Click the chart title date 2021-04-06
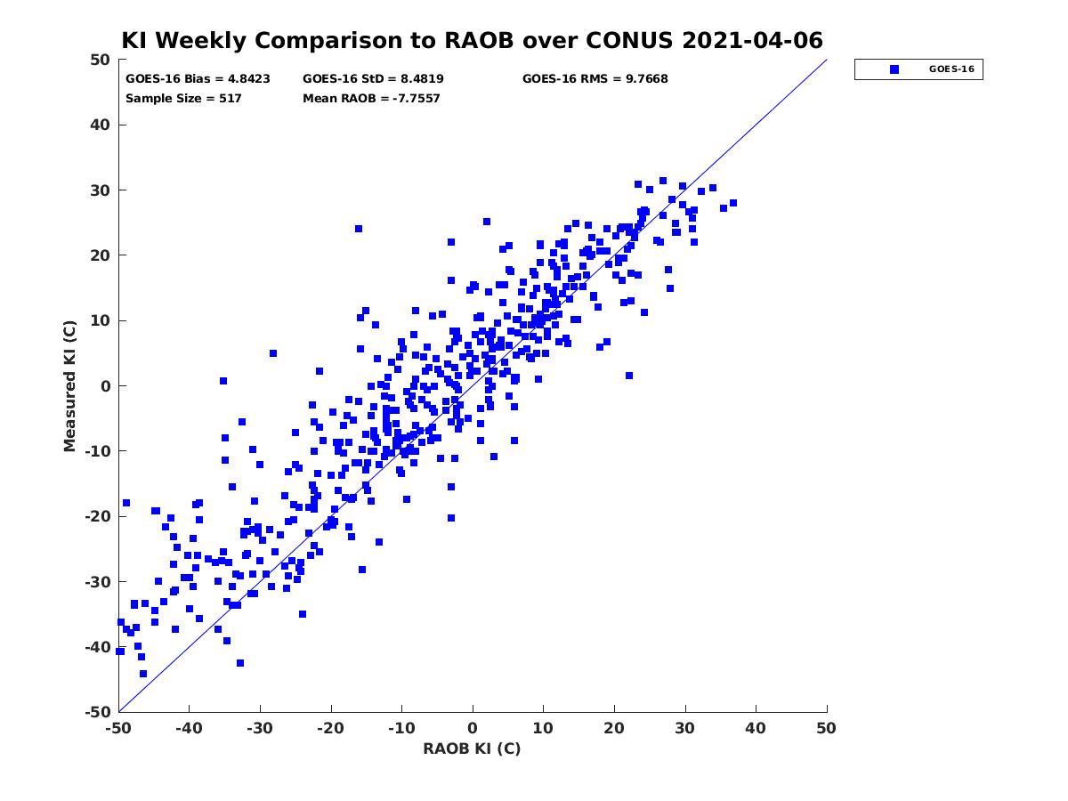[752, 40]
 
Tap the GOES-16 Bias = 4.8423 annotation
[198, 79]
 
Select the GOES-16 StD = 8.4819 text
[373, 79]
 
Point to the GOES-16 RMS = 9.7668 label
[595, 79]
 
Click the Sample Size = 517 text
[183, 99]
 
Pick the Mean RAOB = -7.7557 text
[371, 99]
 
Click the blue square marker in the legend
[894, 69]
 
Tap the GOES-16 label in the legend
[951, 69]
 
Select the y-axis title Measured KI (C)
[69, 386]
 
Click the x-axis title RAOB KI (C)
[472, 748]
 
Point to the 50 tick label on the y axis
[101, 60]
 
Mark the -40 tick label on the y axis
[98, 647]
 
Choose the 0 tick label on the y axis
[106, 386]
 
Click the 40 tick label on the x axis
[755, 728]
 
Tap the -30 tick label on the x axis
[260, 728]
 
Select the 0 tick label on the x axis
[473, 728]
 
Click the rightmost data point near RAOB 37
[732, 203]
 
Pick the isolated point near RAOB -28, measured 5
[273, 353]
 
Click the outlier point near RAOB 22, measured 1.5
[628, 376]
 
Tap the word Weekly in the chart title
[202, 41]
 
